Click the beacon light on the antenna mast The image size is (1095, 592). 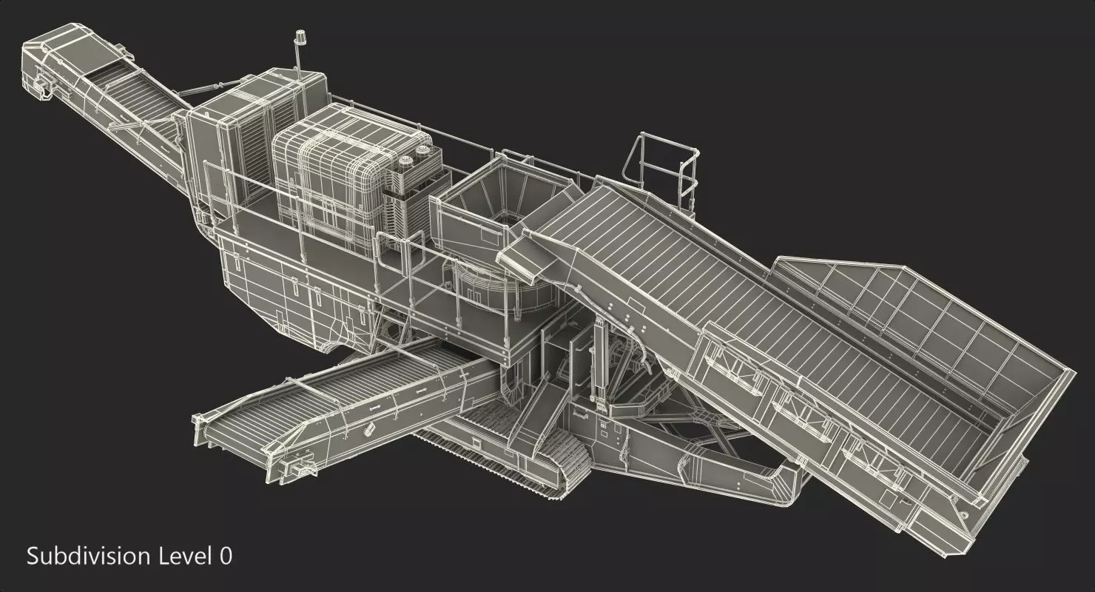click(300, 36)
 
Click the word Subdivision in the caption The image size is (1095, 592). click(90, 556)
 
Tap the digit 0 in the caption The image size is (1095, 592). click(225, 556)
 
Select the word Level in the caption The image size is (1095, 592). click(185, 556)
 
